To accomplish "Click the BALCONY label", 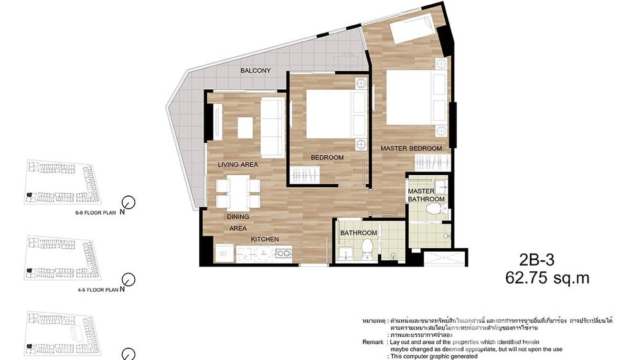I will point(256,71).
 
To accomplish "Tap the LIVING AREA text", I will point(238,165).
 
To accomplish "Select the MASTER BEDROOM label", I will point(411,148).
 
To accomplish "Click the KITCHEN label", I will point(265,239).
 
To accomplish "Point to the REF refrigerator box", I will point(224,253).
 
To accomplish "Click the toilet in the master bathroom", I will point(434,208).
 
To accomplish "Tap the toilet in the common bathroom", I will point(367,249).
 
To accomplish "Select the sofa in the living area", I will point(272,127).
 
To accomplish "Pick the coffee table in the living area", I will point(245,127).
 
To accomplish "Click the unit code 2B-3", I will point(537,260).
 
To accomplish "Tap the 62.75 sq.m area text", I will point(547,278).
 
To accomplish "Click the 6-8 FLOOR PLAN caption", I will point(96,213).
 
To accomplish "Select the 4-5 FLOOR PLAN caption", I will point(96,289).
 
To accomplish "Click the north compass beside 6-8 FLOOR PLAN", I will point(128,202).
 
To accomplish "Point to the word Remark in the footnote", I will point(373,342).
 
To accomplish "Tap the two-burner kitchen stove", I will point(283,254).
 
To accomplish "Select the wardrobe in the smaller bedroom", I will point(306,174).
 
